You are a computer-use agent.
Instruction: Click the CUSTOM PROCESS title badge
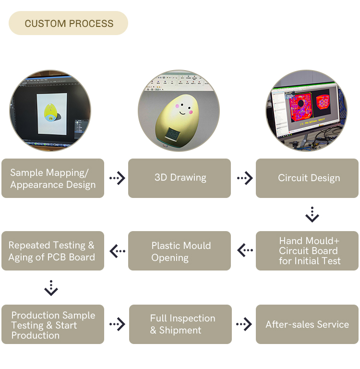click(x=68, y=23)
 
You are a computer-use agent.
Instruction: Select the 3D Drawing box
click(x=180, y=178)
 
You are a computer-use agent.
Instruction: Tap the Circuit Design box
click(x=307, y=178)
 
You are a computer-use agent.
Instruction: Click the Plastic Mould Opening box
click(x=180, y=251)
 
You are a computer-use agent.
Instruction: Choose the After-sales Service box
click(x=307, y=324)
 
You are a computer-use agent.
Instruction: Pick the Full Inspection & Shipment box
click(x=180, y=324)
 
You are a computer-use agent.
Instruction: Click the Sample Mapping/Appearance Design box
click(x=53, y=178)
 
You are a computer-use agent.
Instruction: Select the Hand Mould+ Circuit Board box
click(x=307, y=251)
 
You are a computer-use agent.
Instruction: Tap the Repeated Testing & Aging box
click(x=53, y=251)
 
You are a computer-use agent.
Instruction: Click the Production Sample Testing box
click(x=53, y=324)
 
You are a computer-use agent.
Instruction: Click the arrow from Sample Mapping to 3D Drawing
click(x=117, y=178)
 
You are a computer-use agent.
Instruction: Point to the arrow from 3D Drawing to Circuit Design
click(x=245, y=178)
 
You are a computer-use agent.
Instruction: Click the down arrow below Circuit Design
click(x=312, y=215)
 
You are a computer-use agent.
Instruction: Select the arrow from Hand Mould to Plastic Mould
click(x=245, y=250)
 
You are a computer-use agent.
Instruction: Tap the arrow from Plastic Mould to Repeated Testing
click(x=117, y=251)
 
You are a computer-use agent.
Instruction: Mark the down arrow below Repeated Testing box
click(x=51, y=288)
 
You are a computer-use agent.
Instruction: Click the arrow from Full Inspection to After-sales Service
click(x=244, y=324)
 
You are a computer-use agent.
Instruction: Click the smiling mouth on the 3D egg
click(x=182, y=113)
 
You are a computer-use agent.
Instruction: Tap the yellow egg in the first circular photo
click(x=50, y=112)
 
